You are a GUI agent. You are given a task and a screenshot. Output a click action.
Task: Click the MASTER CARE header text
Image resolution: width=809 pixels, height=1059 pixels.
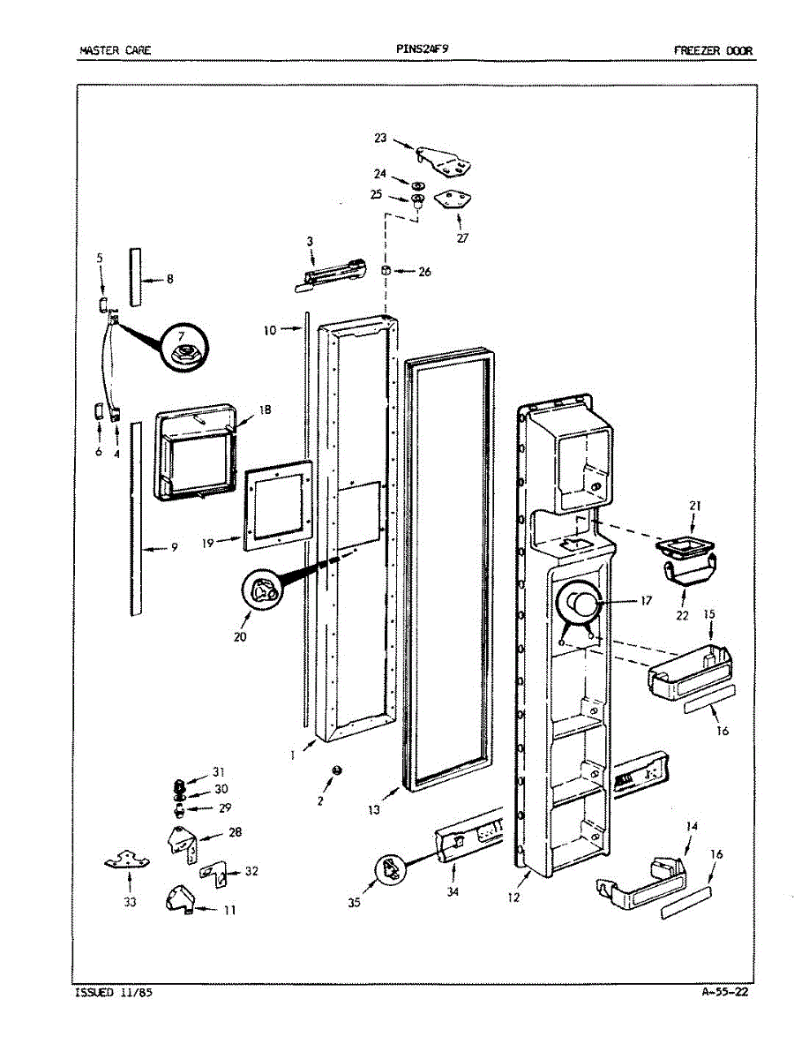point(115,50)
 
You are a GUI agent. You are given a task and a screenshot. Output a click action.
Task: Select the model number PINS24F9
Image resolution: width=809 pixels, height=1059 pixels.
point(429,49)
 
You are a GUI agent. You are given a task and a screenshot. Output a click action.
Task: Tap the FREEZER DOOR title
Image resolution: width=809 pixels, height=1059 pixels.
point(713,50)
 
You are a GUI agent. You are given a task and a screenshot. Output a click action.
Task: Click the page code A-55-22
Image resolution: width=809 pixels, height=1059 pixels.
point(725,992)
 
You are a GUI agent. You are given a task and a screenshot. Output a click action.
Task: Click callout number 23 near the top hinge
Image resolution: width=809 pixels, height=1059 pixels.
point(380,138)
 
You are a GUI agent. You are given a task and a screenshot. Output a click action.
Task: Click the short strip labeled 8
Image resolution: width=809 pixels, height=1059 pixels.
point(136,277)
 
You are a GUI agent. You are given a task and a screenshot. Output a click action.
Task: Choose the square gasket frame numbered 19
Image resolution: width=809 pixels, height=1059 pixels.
point(279,504)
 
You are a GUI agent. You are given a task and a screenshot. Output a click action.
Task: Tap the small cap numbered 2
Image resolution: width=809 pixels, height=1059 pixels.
point(337,770)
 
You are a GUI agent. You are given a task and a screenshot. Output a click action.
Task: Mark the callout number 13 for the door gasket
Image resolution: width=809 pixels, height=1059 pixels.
point(375,808)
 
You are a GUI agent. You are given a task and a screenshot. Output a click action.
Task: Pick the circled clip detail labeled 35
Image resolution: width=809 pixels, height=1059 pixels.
point(390,870)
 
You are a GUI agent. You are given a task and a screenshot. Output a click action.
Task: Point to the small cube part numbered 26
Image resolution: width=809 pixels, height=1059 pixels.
point(387,270)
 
